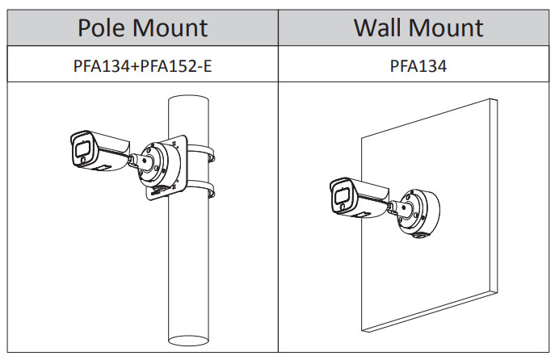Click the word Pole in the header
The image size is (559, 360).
coord(103,27)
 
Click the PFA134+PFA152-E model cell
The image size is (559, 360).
coord(143,65)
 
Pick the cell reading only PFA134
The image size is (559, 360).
coord(418,65)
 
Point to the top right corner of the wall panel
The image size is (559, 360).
coord(494,100)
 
